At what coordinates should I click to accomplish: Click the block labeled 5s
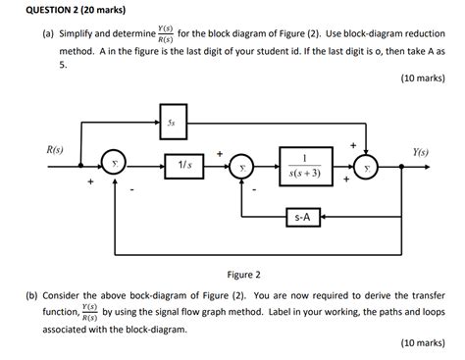tap(173, 124)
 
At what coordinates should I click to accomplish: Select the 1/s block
tap(184, 168)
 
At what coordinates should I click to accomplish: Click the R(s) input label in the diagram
tap(56, 150)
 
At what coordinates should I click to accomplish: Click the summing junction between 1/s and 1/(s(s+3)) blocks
tap(241, 168)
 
